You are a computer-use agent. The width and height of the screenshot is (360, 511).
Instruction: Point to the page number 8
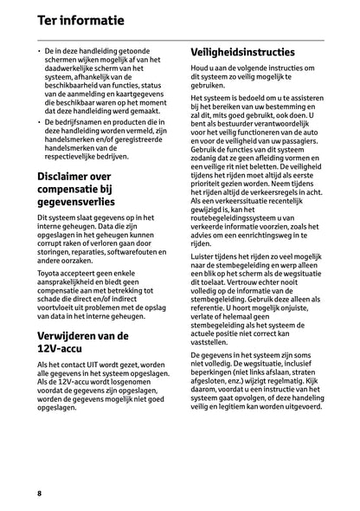[40, 493]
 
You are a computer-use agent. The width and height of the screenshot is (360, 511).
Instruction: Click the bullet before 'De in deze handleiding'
[40, 52]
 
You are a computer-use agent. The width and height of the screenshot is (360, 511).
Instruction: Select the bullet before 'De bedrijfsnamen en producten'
[40, 124]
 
